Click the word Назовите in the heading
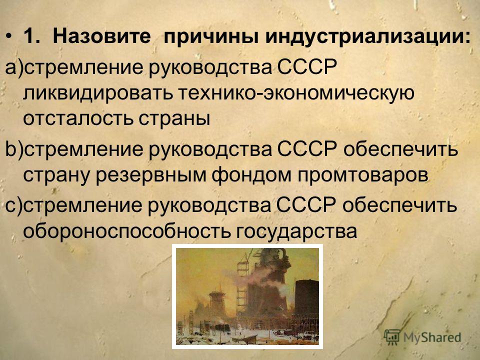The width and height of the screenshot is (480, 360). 101,36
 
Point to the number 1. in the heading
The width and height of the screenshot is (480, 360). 31,36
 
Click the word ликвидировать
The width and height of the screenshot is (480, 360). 97,93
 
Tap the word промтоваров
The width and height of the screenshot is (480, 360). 362,175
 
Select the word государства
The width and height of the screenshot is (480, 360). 296,231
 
